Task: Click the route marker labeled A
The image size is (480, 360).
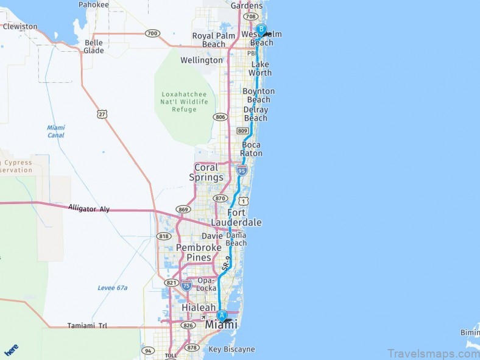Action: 222,316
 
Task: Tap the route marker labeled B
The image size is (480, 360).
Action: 261,29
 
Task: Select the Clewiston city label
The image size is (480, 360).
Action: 20,27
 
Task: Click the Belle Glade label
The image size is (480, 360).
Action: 94,47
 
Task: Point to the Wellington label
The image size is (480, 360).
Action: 202,60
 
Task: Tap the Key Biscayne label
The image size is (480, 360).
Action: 231,350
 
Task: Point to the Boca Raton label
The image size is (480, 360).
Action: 252,149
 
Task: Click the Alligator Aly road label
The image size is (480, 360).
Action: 89,209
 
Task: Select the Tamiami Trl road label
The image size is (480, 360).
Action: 87,326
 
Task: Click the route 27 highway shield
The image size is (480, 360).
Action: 102,114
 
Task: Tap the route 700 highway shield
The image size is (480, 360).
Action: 152,33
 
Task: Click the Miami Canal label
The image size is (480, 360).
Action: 56,131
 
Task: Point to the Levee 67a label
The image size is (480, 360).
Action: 112,288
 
